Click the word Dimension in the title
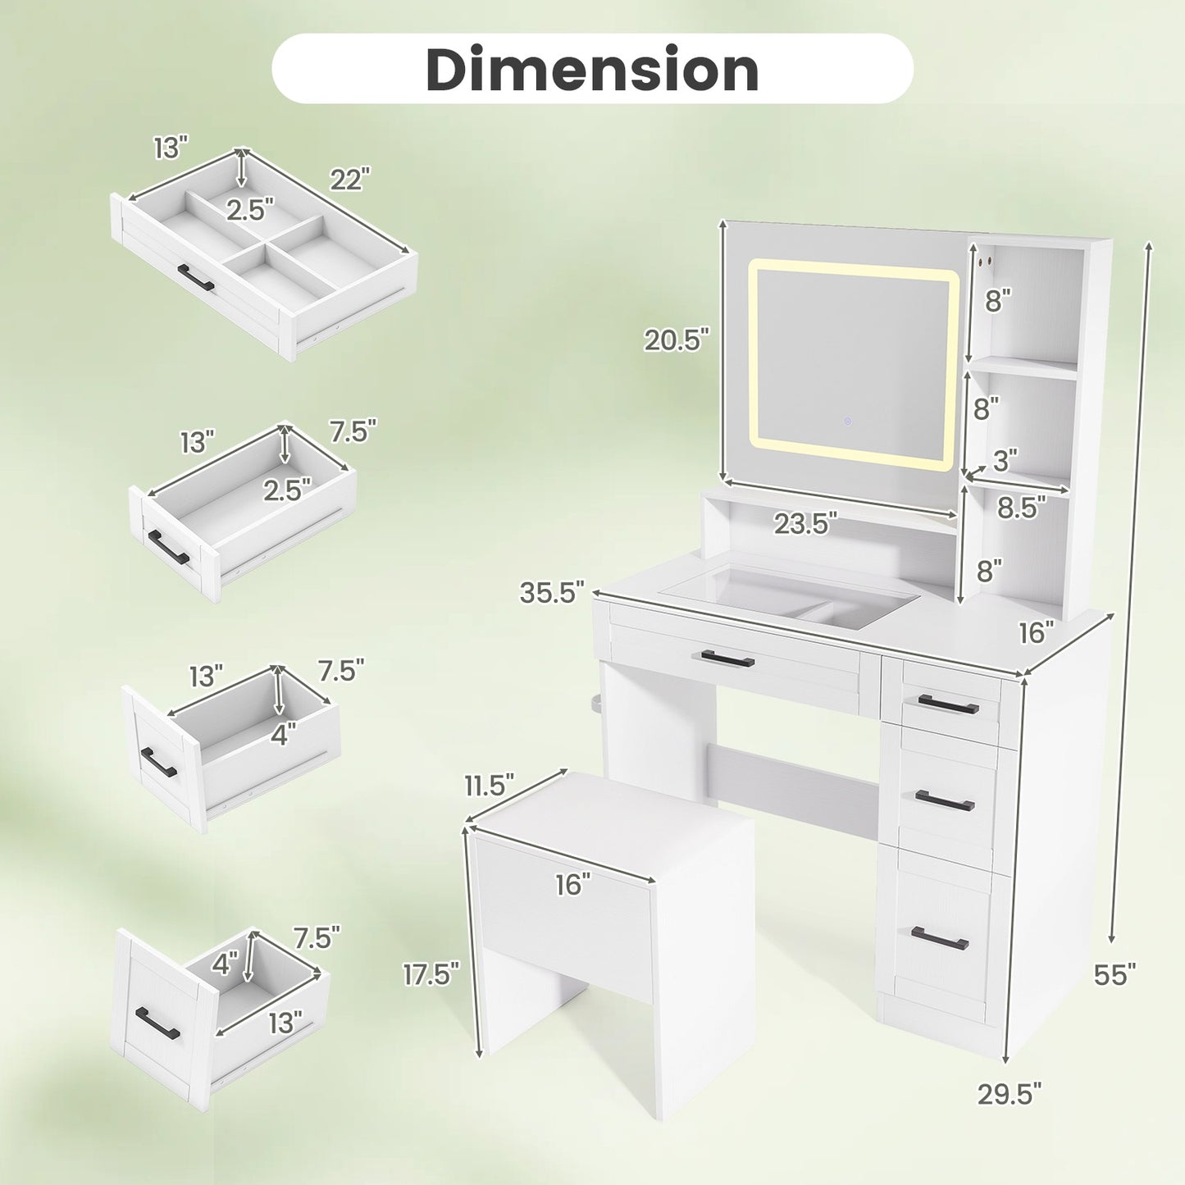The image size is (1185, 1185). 592,69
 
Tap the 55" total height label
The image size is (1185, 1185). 1114,974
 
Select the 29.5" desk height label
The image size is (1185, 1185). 1009,1093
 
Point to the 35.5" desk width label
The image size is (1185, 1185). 552,592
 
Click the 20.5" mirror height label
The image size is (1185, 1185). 676,340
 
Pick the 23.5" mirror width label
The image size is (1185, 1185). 805,523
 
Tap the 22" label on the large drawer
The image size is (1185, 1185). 350,178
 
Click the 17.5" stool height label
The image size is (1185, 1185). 431,974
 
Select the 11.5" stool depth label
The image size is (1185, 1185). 489,786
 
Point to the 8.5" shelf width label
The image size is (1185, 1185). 1022,508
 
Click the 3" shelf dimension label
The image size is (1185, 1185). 1005,461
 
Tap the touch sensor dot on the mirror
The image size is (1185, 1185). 847,422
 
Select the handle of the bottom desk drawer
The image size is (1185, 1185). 940,939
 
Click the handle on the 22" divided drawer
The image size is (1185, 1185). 196,278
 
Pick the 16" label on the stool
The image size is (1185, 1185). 572,884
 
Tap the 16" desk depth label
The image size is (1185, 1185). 1036,632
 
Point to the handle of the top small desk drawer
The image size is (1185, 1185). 949,704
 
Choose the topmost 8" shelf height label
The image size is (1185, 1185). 998,301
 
